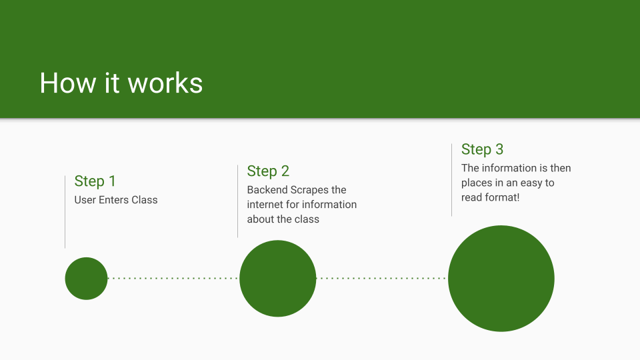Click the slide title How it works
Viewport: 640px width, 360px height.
pos(121,83)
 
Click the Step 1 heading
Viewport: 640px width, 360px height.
pos(95,181)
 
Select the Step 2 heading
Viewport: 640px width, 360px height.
pos(268,171)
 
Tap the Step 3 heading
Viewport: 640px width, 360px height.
pos(482,149)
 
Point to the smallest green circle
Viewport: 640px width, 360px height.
pos(86,278)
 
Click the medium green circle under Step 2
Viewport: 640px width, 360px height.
pos(277,278)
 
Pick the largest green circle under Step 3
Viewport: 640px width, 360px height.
pos(501,279)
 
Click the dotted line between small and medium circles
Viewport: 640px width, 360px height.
pos(173,278)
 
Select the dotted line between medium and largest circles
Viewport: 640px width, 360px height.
pos(381,278)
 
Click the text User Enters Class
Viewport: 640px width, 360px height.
pos(116,200)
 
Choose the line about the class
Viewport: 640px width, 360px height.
pos(283,219)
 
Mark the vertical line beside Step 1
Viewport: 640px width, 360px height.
pos(65,211)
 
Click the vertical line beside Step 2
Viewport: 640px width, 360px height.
pos(238,201)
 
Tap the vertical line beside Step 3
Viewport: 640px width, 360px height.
pos(452,179)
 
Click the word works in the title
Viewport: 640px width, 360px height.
pos(165,83)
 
